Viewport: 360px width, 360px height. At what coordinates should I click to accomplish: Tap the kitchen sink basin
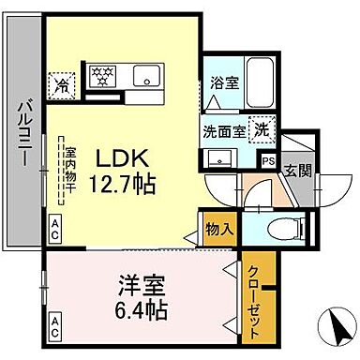click(x=148, y=75)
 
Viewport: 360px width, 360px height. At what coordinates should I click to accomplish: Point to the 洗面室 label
click(x=225, y=131)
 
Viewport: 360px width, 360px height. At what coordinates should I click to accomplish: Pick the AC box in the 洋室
click(x=56, y=328)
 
